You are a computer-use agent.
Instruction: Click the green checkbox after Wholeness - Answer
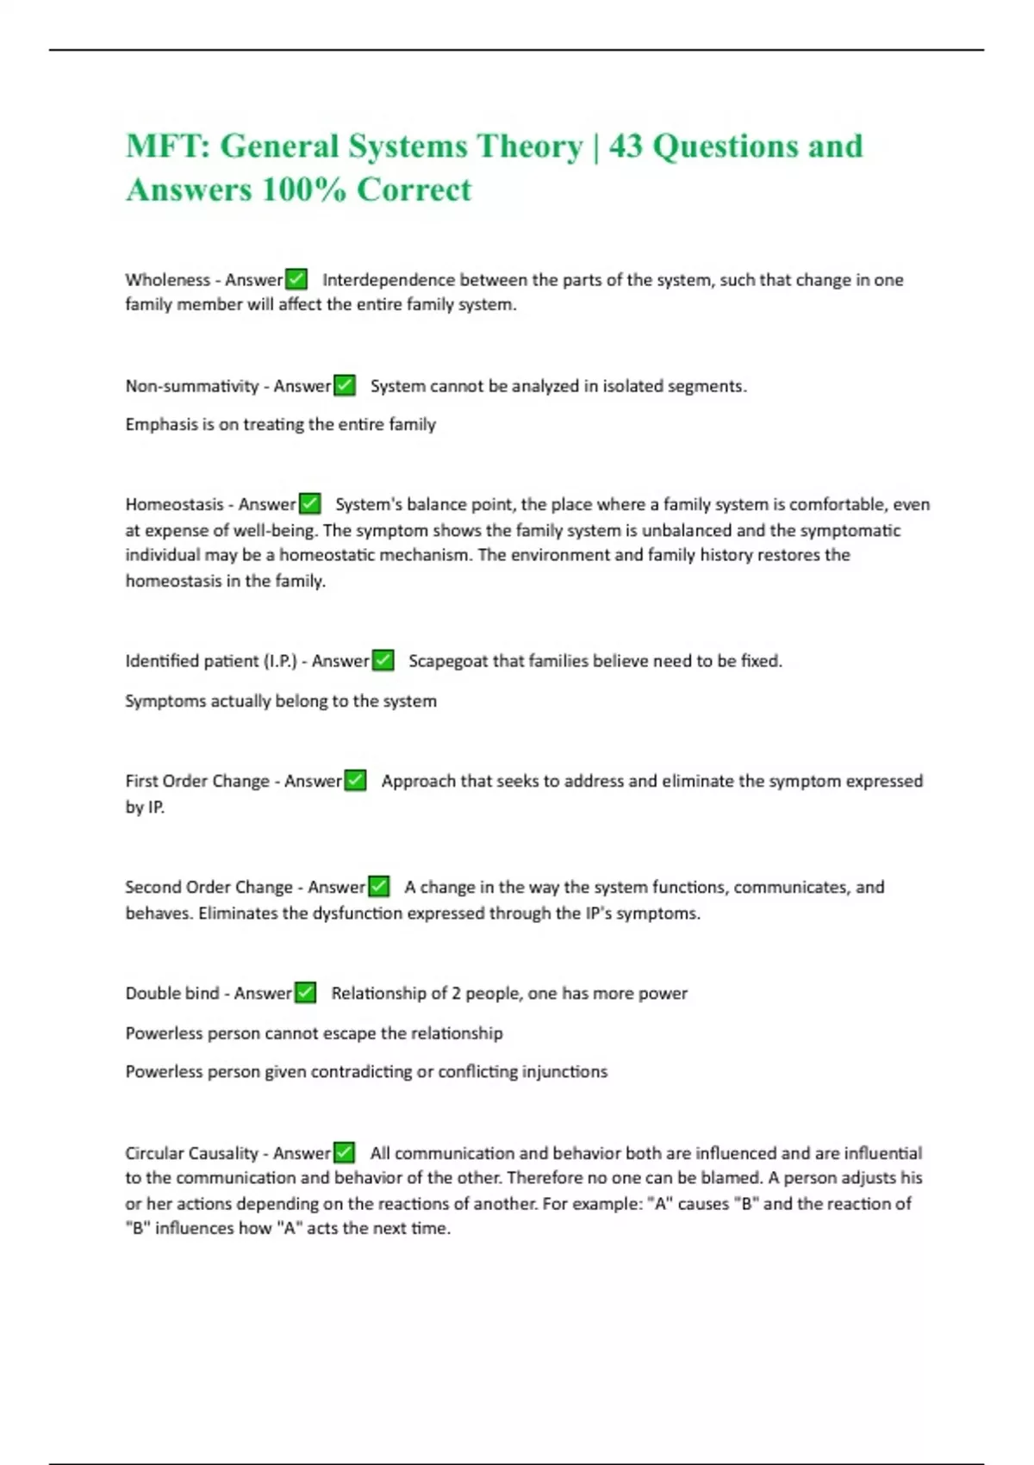click(x=296, y=279)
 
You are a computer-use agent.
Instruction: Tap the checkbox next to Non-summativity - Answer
click(x=344, y=385)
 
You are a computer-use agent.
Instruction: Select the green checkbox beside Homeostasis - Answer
click(x=309, y=503)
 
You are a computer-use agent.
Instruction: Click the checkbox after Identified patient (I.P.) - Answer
click(x=383, y=660)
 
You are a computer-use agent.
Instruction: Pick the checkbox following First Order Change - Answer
click(x=355, y=780)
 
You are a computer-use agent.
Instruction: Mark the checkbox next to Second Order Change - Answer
click(x=378, y=886)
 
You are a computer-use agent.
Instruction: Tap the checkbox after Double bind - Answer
click(x=305, y=993)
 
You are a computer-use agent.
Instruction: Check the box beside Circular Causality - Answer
click(x=344, y=1152)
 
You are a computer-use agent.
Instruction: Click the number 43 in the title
click(x=626, y=146)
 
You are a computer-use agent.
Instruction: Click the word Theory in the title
click(x=529, y=146)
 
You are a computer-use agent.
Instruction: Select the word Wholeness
click(x=167, y=280)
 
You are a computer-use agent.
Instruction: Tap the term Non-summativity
click(x=191, y=386)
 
